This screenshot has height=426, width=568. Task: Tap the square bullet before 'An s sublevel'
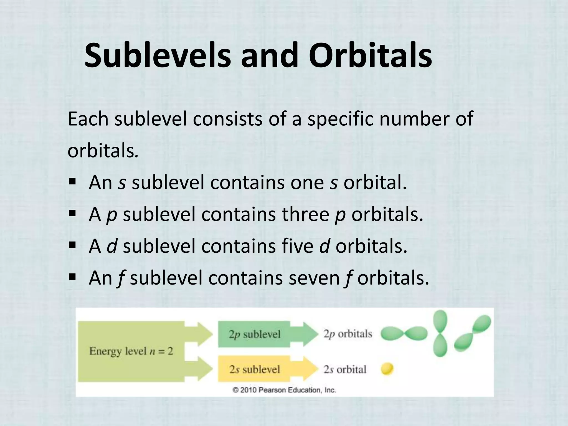coord(73,182)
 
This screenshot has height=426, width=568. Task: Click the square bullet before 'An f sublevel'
coord(73,277)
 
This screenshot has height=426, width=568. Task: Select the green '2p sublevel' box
coord(254,334)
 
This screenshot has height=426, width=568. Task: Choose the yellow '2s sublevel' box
coord(254,369)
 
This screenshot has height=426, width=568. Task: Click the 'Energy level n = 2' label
coord(131,351)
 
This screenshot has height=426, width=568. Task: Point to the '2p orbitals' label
coord(348,334)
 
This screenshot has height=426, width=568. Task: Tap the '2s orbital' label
coord(345,369)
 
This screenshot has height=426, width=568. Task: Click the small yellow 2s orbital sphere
coord(387,369)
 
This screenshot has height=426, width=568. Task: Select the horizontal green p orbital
coord(404,334)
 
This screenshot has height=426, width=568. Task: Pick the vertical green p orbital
coord(440,333)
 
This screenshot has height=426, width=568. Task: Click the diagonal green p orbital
coord(473,334)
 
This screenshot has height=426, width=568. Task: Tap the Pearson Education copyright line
coord(284,390)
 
